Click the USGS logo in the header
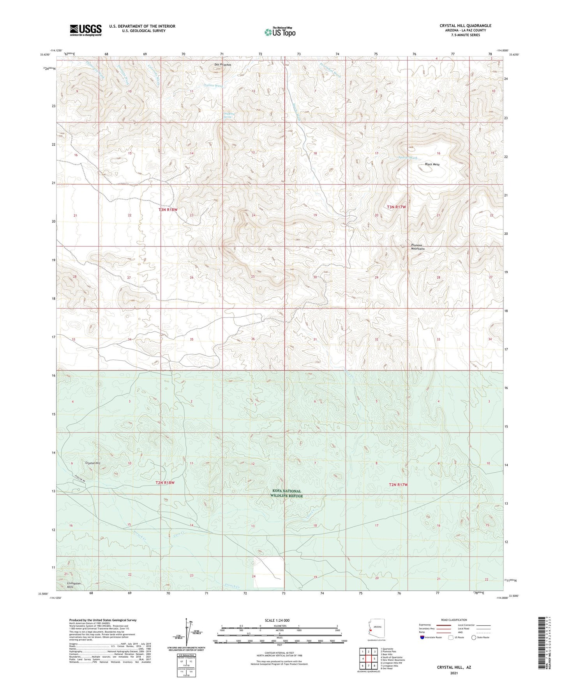coord(86,30)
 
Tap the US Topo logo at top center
coord(280,32)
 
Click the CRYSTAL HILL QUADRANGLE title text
coord(465,26)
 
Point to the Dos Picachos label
coord(222,65)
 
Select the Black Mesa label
coord(432,165)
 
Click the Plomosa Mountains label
coord(418,247)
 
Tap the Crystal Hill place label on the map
coord(93,463)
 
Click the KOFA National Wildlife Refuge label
coord(286,493)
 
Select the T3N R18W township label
coord(168,210)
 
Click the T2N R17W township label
coord(398,485)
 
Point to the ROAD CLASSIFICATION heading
coord(454,620)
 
